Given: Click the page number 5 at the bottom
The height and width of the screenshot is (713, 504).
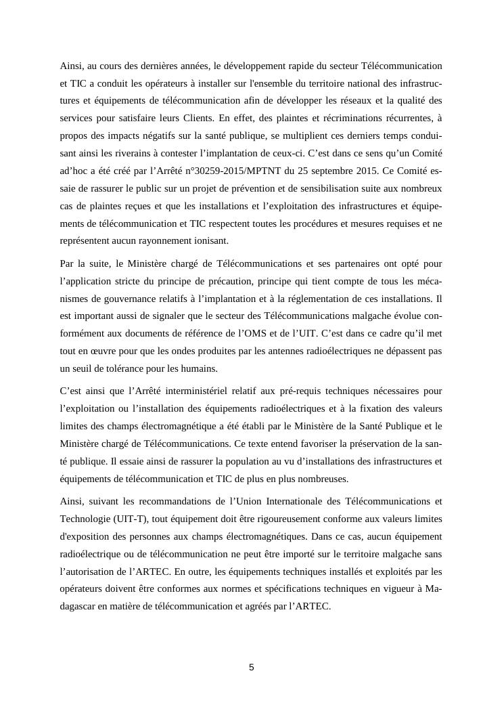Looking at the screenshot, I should pyautogui.click(x=252, y=668).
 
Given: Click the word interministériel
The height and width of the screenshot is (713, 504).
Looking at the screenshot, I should pyautogui.click(x=213, y=391).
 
